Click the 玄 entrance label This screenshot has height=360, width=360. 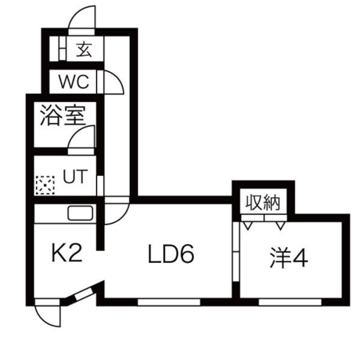click(84, 49)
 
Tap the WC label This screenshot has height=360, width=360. click(76, 82)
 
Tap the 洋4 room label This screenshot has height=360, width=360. click(288, 257)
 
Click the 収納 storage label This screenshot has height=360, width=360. click(263, 202)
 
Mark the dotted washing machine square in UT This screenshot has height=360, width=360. click(45, 185)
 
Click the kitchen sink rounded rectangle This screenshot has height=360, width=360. click(81, 213)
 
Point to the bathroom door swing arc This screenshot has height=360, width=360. click(82, 136)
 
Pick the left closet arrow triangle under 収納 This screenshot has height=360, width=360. click(248, 225)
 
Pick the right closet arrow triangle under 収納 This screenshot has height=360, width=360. click(280, 225)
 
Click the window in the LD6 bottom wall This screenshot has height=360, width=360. click(168, 301)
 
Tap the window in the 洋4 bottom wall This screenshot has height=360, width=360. click(290, 301)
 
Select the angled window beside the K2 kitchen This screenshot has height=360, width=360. click(83, 293)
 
